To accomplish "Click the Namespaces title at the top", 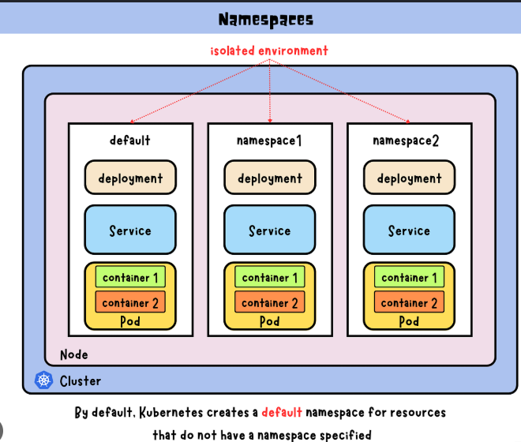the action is click(266, 20).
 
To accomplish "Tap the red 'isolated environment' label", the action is click(269, 51).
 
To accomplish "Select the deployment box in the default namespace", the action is click(130, 177).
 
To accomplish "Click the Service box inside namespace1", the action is click(269, 230).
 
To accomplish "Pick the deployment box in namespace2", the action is click(409, 177).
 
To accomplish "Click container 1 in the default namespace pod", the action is click(130, 277).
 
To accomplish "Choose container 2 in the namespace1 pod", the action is click(269, 302).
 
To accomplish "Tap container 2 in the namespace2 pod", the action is click(409, 302).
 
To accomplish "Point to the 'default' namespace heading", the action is click(130, 140).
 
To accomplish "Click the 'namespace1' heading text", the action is click(269, 141).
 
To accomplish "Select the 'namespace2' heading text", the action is click(406, 141).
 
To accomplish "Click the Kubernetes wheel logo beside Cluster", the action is click(43, 380).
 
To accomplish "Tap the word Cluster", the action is click(81, 381).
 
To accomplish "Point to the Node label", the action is click(74, 355).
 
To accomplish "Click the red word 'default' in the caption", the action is click(282, 413).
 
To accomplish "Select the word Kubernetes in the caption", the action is click(171, 413).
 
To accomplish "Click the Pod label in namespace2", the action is click(409, 321).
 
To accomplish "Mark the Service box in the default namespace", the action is click(130, 230).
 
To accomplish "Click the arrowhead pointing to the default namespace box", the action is click(132, 122).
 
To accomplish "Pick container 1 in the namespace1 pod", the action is click(269, 277).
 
